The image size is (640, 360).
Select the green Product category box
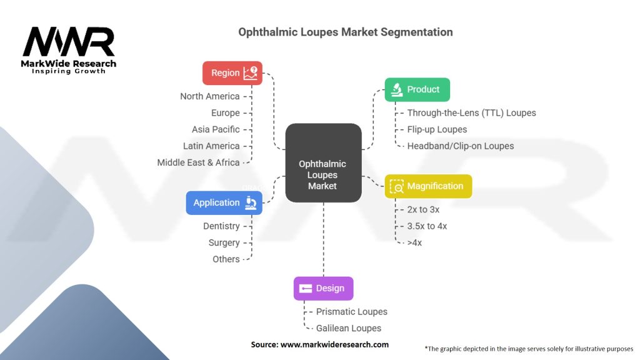tap(417, 89)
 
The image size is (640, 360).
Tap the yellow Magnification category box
tap(427, 186)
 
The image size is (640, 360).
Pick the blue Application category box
tap(224, 202)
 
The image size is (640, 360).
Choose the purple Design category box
tap(323, 288)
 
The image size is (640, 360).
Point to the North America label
tap(210, 96)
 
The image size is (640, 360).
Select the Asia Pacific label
tap(216, 129)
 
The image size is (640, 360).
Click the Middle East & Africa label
tap(199, 162)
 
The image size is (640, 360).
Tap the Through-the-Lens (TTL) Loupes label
tap(471, 113)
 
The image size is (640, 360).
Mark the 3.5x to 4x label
tap(427, 226)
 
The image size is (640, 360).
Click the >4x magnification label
tap(414, 242)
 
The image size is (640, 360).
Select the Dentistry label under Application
tap(221, 226)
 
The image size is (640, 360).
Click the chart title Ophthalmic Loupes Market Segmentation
tap(346, 32)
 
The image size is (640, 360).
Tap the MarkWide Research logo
tap(69, 50)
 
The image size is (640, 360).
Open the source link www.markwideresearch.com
tap(334, 344)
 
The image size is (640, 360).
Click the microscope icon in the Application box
tap(251, 202)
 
